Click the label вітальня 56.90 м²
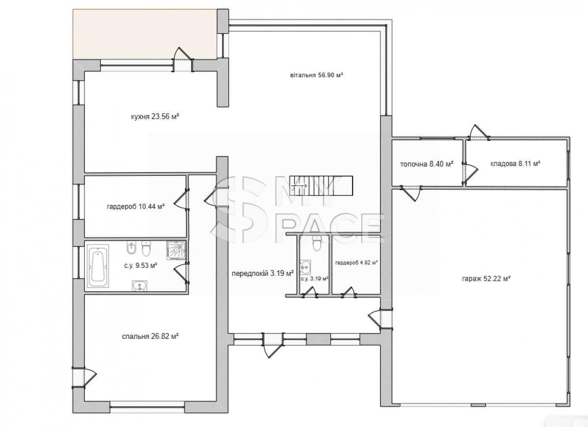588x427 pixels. click(317, 75)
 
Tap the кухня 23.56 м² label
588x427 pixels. click(155, 117)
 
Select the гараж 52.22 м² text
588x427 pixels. click(486, 278)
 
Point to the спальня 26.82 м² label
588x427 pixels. click(150, 336)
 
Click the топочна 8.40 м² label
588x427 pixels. click(427, 164)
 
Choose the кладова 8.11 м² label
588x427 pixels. click(515, 164)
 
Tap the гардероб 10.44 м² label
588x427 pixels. click(136, 207)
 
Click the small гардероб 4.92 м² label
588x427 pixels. click(357, 262)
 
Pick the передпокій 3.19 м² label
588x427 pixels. click(262, 273)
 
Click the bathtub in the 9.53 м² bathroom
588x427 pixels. click(97, 266)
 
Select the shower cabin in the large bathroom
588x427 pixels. click(176, 251)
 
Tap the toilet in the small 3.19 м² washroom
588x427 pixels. click(317, 243)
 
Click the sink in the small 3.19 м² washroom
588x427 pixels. click(305, 267)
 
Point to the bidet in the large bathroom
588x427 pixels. click(131, 248)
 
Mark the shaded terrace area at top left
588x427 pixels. click(145, 34)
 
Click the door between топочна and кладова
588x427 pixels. click(470, 173)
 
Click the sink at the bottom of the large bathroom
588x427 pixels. click(139, 286)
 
